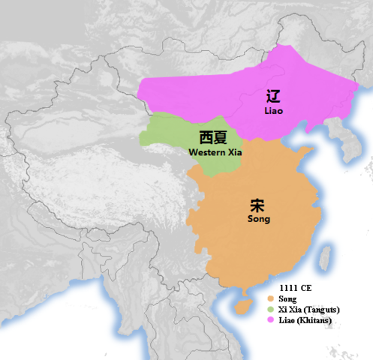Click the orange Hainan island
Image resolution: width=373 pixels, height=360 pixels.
point(241,306)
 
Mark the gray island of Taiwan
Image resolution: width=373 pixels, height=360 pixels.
point(325,257)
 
